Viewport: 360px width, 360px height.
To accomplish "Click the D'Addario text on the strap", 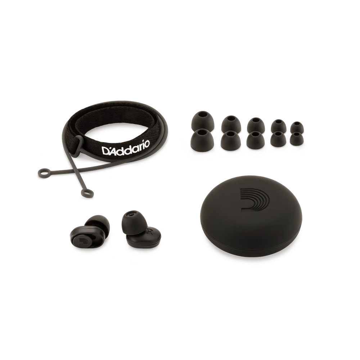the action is click(126, 148).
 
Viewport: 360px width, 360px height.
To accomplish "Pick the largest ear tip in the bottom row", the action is click(202, 139).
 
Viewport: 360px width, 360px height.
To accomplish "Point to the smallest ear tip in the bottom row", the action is click(297, 139).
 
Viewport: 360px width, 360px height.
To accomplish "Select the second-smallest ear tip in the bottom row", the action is click(278, 139).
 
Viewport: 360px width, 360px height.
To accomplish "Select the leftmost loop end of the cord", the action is click(44, 173).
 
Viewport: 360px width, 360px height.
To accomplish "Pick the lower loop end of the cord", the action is click(87, 193).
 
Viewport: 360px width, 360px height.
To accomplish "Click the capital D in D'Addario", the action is click(106, 151).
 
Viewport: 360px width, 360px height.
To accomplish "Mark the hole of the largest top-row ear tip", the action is click(202, 114).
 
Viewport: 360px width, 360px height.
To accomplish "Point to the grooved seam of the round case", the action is click(250, 247).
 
